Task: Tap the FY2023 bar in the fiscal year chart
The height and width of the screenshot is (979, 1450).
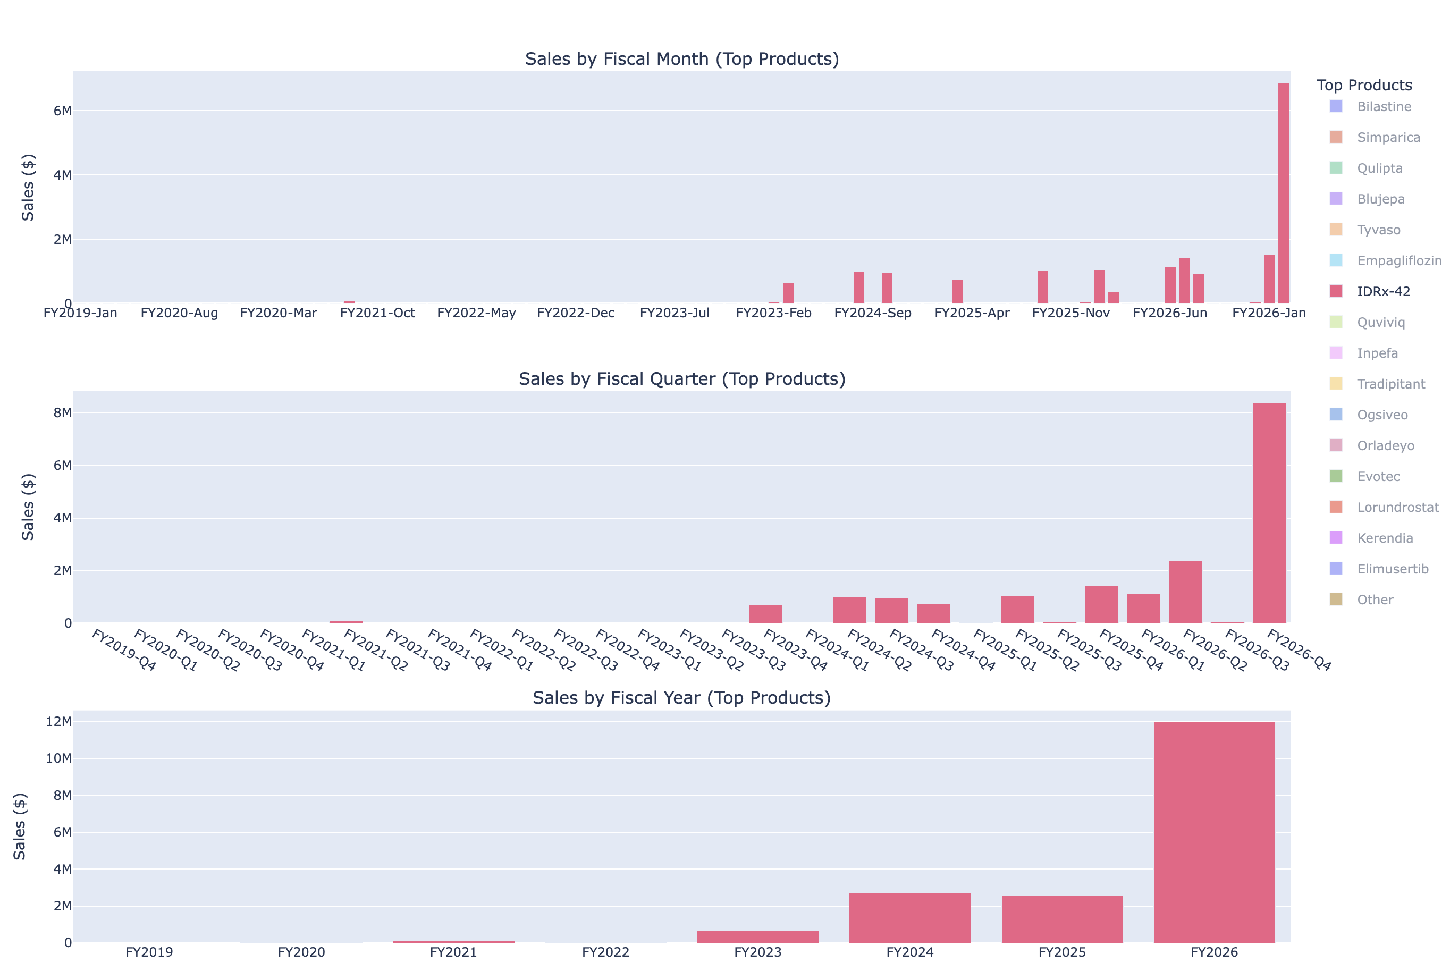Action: click(x=757, y=936)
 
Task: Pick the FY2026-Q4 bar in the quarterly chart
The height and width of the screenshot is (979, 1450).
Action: click(x=1269, y=512)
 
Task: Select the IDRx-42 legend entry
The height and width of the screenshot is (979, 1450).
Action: click(x=1382, y=291)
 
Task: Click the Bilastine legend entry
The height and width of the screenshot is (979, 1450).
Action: click(x=1383, y=107)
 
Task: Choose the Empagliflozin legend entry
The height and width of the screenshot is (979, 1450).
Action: click(x=1398, y=261)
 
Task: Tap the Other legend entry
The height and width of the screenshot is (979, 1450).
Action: click(x=1375, y=600)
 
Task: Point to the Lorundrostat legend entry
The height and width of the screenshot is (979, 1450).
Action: click(x=1397, y=507)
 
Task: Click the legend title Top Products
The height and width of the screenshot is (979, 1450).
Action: click(x=1364, y=85)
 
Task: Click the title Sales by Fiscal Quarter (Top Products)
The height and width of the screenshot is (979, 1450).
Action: click(x=681, y=379)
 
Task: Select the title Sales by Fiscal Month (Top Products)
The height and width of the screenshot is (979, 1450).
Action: click(x=681, y=58)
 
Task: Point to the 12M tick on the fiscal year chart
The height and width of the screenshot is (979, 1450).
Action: click(x=60, y=721)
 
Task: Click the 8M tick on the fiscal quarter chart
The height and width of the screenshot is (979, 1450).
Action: click(x=62, y=412)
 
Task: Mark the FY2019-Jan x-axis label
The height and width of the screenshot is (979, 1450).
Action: click(x=80, y=313)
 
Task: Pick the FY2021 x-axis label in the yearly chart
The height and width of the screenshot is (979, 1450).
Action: click(x=453, y=952)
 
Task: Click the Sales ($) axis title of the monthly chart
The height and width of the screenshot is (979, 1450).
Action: click(x=28, y=187)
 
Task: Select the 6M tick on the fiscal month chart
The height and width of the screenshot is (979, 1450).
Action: click(x=62, y=111)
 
